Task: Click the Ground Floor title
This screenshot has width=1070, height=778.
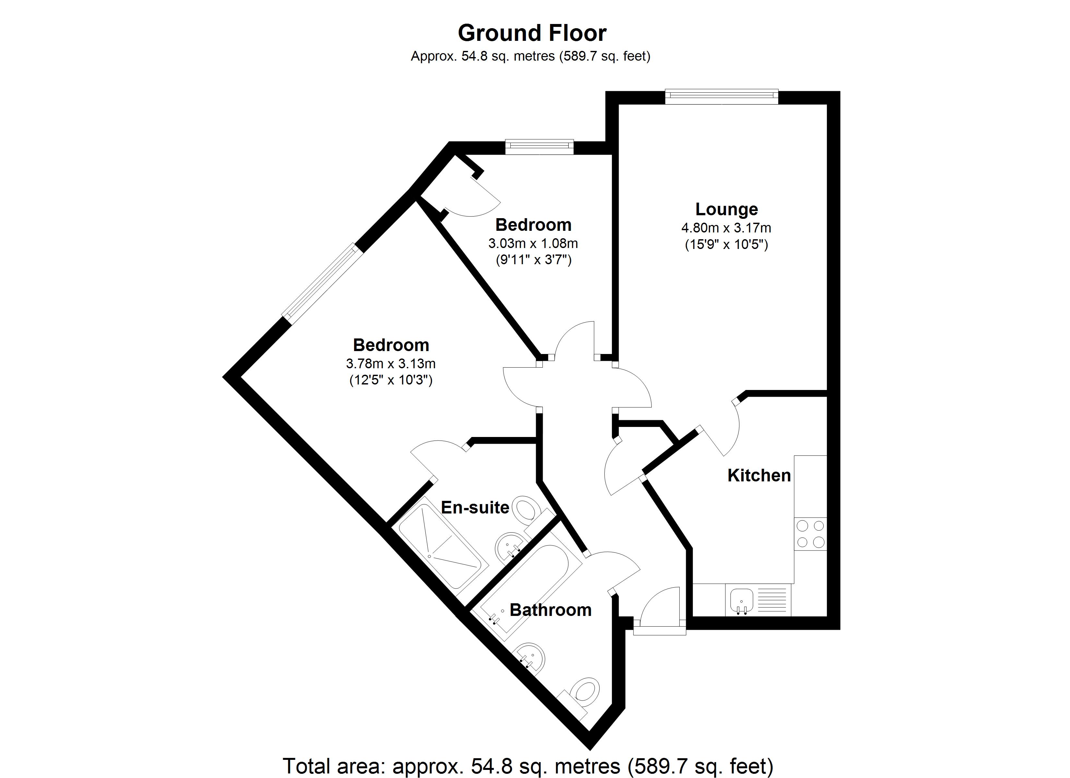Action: pyautogui.click(x=532, y=33)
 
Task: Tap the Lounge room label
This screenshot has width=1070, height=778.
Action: pyautogui.click(x=727, y=209)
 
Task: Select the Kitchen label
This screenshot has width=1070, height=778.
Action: pyautogui.click(x=759, y=475)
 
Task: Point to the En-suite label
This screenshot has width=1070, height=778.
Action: pyautogui.click(x=475, y=507)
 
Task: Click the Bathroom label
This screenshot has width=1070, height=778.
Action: pyautogui.click(x=550, y=610)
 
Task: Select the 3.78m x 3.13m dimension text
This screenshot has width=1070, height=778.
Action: pyautogui.click(x=391, y=364)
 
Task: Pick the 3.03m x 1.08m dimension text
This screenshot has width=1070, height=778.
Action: pyautogui.click(x=533, y=243)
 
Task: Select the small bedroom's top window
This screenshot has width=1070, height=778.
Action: pyautogui.click(x=539, y=147)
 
